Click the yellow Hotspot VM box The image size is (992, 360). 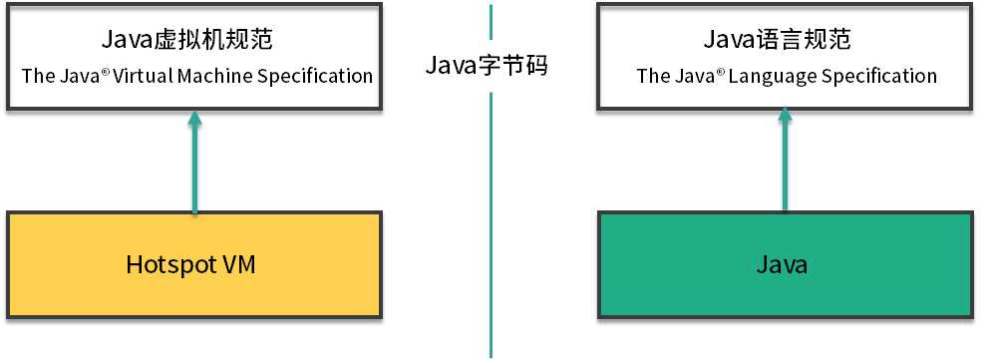tap(194, 265)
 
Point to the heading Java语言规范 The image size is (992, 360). tap(784, 41)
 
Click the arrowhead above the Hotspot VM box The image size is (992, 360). tap(194, 119)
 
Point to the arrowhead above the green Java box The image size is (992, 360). tap(785, 119)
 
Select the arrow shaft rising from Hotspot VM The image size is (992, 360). tap(194, 170)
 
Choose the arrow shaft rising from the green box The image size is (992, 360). tap(785, 170)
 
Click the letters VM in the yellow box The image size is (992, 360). tap(243, 265)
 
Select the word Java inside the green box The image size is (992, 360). tap(783, 265)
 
